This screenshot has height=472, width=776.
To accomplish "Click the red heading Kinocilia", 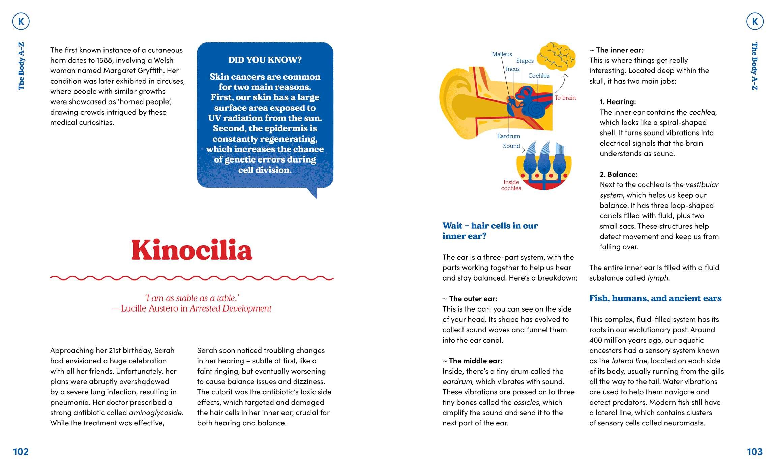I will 192,250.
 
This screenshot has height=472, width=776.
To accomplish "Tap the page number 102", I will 21,452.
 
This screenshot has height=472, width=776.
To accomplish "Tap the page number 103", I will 754,452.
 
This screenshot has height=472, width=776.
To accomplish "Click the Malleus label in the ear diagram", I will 502,54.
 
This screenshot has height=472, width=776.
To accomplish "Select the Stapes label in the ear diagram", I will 525,61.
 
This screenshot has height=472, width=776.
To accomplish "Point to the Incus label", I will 513,69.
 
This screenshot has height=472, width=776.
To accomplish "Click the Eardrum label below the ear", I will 508,136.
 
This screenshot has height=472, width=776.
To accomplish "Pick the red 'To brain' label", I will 565,98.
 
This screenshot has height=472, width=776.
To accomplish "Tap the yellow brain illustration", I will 556,57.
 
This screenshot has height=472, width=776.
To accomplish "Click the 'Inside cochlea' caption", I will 511,185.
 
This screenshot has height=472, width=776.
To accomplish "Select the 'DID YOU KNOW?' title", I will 265,60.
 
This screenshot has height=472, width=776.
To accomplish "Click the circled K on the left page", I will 21,22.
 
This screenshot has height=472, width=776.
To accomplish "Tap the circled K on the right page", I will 755,22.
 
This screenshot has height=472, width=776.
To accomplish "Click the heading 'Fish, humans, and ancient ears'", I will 655,298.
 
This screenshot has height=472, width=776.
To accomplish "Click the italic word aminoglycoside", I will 156,413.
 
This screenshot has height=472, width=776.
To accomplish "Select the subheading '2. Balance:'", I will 618,174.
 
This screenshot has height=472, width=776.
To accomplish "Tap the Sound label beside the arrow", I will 511,146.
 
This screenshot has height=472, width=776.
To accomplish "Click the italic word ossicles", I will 526,402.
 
